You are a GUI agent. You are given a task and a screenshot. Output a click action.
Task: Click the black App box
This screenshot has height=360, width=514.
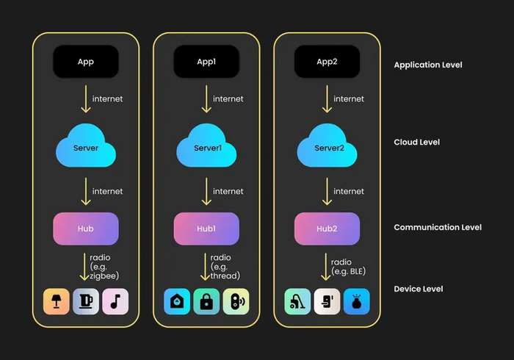tap(86, 62)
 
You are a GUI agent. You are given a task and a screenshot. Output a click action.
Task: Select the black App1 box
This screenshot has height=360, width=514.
tap(206, 62)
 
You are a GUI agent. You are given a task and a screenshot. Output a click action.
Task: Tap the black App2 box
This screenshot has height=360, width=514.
tap(327, 62)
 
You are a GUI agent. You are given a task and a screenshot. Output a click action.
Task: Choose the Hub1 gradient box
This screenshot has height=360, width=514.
tap(206, 228)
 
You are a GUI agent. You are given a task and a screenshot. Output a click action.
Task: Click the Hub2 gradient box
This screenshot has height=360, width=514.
tap(327, 228)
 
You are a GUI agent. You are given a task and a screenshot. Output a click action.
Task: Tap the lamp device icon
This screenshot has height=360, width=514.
tap(56, 301)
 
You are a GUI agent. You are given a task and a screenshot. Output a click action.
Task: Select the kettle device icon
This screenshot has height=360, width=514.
tap(85, 301)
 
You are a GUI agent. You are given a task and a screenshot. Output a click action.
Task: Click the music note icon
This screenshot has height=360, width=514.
tap(115, 301)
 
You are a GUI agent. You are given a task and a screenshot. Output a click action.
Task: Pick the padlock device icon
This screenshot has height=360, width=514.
tap(206, 301)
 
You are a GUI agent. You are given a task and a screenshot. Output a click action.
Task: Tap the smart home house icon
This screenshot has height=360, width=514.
tap(177, 301)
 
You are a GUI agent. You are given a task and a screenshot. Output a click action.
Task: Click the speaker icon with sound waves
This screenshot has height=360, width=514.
tap(236, 301)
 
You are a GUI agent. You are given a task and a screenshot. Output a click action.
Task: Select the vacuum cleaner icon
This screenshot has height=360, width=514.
tap(297, 301)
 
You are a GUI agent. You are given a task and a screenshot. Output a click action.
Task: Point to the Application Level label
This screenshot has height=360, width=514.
tap(428, 65)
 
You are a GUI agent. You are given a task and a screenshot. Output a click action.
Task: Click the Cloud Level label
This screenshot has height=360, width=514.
tap(417, 142)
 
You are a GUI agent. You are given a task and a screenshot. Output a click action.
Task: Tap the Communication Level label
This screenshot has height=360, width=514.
tap(438, 227)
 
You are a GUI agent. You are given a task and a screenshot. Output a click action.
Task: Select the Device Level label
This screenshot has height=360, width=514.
tap(419, 289)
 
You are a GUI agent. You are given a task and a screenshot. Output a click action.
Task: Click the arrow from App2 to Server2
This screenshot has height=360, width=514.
tap(327, 99)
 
